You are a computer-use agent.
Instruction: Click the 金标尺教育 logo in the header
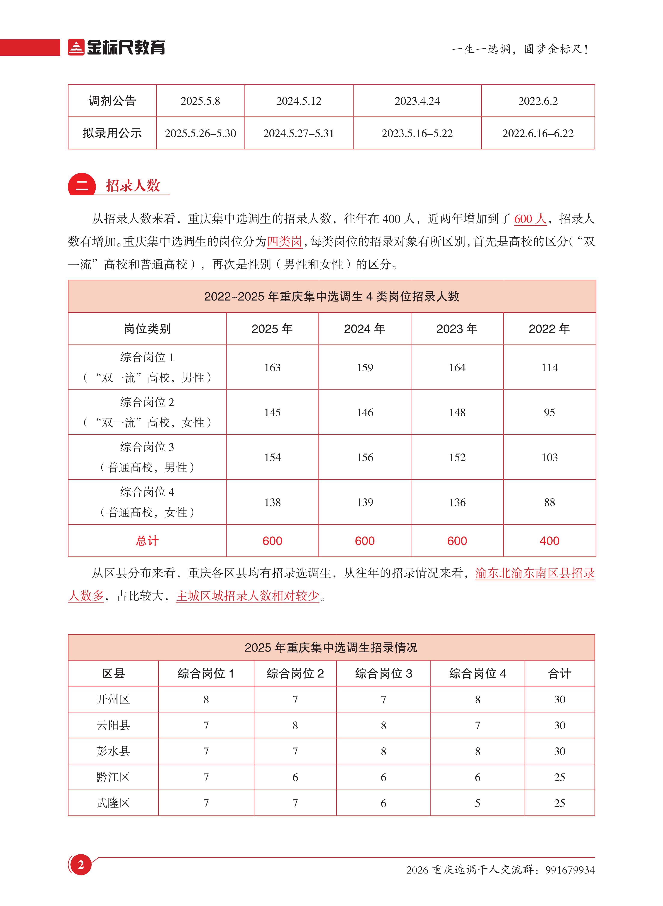click(116, 47)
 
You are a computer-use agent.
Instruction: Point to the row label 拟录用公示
click(112, 133)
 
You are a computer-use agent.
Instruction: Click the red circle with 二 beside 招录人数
click(82, 185)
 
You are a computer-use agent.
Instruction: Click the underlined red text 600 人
click(530, 219)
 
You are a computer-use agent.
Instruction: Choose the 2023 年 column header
click(457, 329)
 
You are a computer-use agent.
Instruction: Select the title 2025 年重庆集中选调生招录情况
click(331, 647)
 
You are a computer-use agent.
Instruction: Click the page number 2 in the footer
click(81, 865)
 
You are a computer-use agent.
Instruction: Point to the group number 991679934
click(570, 870)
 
